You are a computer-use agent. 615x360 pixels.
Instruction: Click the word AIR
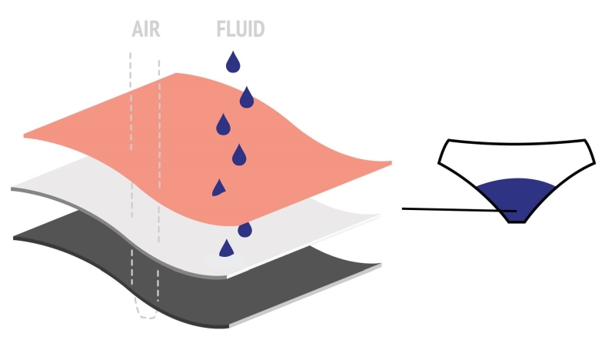[146, 29]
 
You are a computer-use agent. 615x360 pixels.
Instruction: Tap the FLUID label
[241, 29]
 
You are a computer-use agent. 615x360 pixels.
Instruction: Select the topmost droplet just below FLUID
[233, 62]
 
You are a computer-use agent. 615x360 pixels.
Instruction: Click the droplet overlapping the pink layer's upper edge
[247, 98]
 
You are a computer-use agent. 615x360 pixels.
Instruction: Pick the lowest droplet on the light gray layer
[226, 248]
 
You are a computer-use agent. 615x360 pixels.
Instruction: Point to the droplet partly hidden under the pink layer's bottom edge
[244, 230]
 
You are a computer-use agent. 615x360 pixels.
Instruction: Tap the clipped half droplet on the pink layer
[218, 188]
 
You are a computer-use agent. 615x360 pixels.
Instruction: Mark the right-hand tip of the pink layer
[391, 162]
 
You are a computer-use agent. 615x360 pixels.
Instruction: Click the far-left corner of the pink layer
[25, 136]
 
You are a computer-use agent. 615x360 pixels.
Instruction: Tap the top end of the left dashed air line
[130, 52]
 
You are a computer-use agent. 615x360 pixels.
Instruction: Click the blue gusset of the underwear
[516, 196]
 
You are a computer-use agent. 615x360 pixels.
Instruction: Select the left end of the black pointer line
[402, 208]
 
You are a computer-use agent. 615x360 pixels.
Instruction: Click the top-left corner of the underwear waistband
[449, 140]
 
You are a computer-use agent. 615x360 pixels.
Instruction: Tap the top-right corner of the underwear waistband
[585, 140]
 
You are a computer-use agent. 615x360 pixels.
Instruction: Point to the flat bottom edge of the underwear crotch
[517, 222]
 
